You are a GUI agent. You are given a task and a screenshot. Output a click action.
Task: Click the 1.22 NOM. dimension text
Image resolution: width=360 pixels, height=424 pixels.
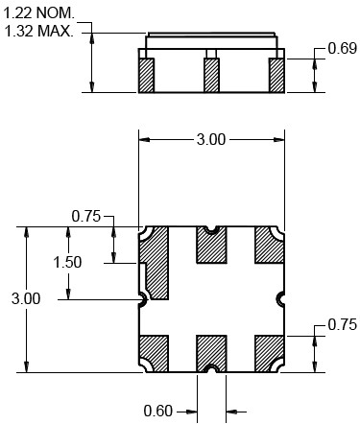38,13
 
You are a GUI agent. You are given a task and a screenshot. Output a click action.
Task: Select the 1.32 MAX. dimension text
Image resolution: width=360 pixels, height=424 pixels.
38,32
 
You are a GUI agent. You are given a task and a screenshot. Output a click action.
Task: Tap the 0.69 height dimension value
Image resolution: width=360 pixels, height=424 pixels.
343,49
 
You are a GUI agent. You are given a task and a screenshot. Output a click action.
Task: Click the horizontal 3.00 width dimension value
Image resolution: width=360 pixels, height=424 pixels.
211,140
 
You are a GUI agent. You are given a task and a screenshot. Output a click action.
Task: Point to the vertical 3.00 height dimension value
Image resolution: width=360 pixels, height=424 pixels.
26,298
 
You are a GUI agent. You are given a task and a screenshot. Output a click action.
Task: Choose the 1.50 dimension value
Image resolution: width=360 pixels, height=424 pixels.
67,262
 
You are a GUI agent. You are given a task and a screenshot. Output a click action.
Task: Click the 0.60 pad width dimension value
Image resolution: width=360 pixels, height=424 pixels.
158,411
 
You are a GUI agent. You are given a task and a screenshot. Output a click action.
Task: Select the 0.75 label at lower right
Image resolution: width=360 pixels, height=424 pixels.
343,325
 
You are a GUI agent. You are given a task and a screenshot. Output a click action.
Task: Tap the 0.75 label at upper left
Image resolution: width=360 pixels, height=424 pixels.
86,216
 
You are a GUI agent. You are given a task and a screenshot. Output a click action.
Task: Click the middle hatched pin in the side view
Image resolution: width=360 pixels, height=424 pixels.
211,76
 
